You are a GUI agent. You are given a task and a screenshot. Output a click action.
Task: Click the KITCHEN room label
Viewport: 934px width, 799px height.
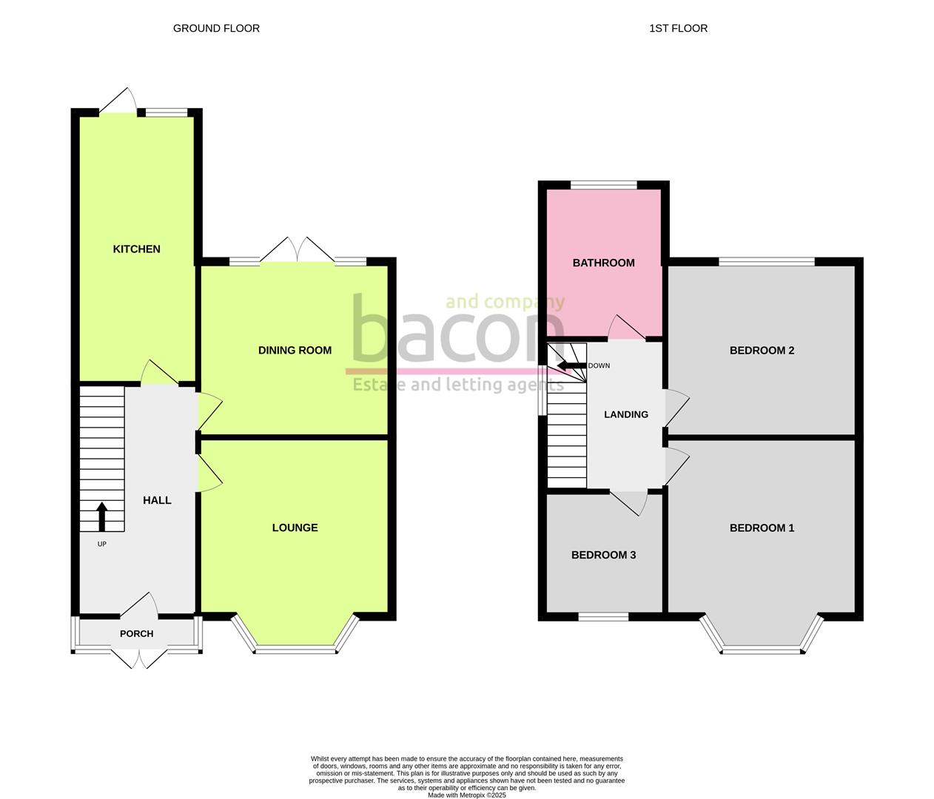coord(136,249)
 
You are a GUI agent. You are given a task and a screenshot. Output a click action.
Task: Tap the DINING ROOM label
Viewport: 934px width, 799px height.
coord(295,351)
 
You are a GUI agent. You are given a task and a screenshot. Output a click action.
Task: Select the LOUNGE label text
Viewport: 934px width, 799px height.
coord(295,527)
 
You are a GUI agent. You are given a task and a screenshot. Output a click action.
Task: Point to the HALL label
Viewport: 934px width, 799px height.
coord(157,501)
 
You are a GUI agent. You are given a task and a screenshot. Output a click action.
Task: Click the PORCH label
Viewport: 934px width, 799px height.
coord(137,634)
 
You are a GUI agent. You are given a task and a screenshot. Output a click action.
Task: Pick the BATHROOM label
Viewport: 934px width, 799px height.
coord(603,263)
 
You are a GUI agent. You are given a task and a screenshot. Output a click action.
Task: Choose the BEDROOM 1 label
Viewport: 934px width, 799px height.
coord(762,527)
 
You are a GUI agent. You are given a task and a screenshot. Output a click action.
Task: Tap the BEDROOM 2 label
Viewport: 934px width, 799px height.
coord(762,351)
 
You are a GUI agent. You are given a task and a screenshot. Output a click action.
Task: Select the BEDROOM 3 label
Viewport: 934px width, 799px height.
coord(603,555)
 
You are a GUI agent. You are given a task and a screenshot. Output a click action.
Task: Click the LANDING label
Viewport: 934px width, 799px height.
coord(626,415)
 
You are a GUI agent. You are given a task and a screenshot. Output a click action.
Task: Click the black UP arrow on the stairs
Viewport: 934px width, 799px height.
coord(102,516)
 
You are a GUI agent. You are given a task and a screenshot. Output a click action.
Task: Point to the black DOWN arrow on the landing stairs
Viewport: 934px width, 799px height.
coord(571,365)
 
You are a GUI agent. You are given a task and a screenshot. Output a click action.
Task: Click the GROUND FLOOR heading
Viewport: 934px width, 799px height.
coord(216,29)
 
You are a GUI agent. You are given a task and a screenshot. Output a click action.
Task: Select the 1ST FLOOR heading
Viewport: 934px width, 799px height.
coord(678,29)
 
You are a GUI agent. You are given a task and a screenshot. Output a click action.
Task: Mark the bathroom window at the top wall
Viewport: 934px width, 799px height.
coord(603,185)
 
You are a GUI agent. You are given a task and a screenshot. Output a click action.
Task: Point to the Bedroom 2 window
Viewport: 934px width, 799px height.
coord(766,261)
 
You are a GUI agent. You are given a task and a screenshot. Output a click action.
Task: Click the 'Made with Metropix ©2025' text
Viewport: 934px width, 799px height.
coord(466,795)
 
